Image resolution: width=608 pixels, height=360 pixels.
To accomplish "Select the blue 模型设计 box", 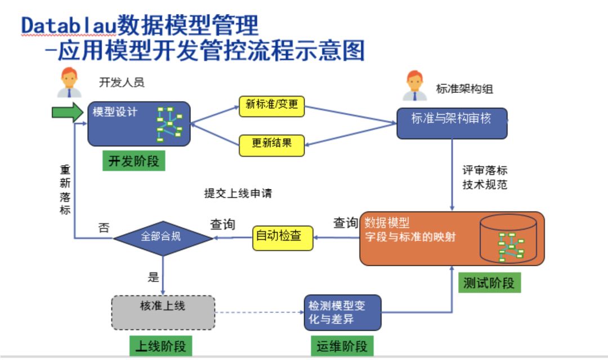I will [138, 123].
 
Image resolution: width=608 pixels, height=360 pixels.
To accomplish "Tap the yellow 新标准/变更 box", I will [272, 106].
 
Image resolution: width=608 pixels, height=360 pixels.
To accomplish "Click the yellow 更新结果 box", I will [272, 145].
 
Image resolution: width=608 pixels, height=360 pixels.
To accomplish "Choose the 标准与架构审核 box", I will [451, 123].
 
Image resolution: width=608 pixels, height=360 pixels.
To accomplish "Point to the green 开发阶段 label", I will [133, 161].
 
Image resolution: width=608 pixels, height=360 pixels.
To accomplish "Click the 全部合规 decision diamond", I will [163, 238].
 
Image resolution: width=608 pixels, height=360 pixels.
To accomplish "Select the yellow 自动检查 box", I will [282, 237].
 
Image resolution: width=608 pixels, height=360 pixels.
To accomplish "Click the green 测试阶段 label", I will [489, 283].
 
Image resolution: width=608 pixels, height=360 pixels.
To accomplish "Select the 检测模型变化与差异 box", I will [342, 312].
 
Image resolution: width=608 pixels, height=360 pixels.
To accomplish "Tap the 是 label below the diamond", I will [153, 277].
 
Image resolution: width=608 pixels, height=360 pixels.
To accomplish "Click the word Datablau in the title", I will [68, 26].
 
